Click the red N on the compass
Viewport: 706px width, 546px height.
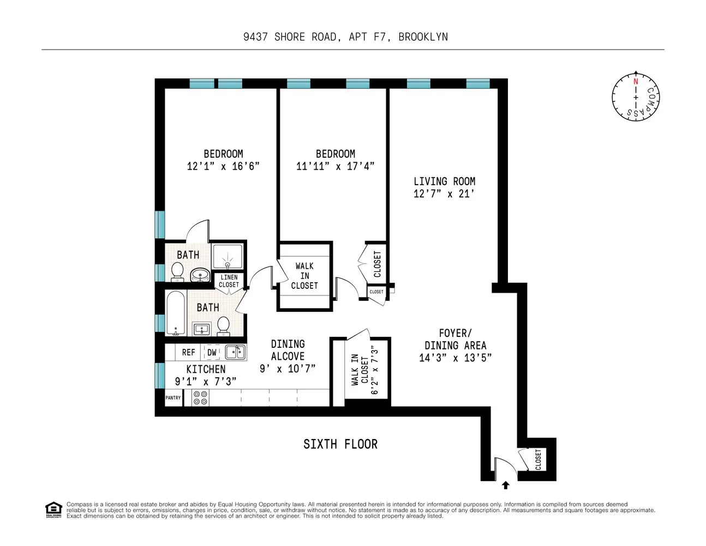point(635,81)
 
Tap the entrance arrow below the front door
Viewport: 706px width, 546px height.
point(506,484)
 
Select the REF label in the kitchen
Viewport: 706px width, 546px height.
point(188,353)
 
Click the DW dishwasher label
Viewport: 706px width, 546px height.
point(212,353)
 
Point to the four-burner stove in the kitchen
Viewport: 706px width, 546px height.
point(200,397)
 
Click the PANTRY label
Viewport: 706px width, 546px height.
point(173,398)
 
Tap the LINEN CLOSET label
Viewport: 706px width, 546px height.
point(229,281)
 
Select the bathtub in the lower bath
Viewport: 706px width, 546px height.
point(176,314)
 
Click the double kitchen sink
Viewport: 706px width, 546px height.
point(235,352)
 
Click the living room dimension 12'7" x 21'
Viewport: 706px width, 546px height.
point(444,194)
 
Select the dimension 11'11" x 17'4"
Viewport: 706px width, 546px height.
point(335,167)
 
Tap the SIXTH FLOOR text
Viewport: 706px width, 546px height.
point(340,444)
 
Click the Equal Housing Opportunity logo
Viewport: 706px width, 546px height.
point(53,509)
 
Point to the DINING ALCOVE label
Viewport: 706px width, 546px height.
point(288,350)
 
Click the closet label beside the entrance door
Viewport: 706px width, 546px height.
point(538,459)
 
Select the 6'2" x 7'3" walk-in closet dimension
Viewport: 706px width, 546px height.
point(374,370)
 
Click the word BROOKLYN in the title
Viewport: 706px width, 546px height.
point(423,37)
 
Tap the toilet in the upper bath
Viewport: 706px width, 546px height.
point(177,271)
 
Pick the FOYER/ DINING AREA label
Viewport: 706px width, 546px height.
point(455,339)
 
